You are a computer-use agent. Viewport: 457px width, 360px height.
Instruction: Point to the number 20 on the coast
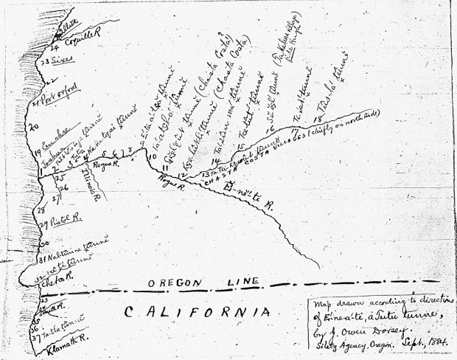[x=31, y=128]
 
